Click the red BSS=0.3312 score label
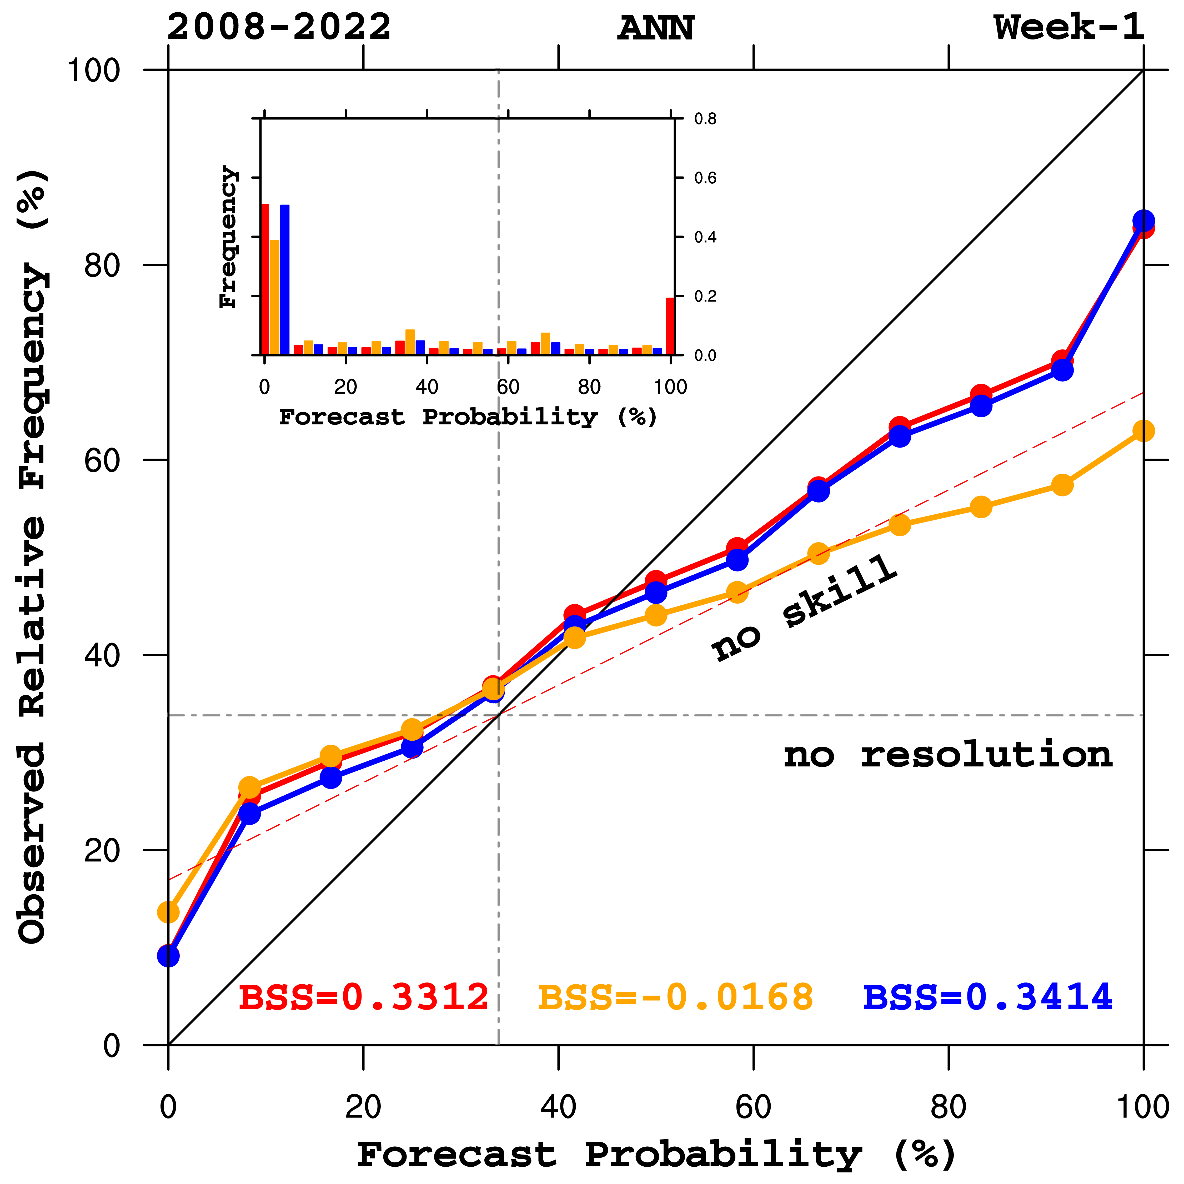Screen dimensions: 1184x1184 pyautogui.click(x=363, y=997)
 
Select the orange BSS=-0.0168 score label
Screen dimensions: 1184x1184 pyautogui.click(x=675, y=997)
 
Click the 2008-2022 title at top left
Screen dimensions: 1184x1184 pyautogui.click(x=279, y=28)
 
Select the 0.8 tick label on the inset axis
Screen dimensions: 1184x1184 pyautogui.click(x=705, y=119)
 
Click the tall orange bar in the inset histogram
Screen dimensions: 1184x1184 pyautogui.click(x=274, y=297)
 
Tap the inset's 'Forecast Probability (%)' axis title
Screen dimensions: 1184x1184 pyautogui.click(x=468, y=417)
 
